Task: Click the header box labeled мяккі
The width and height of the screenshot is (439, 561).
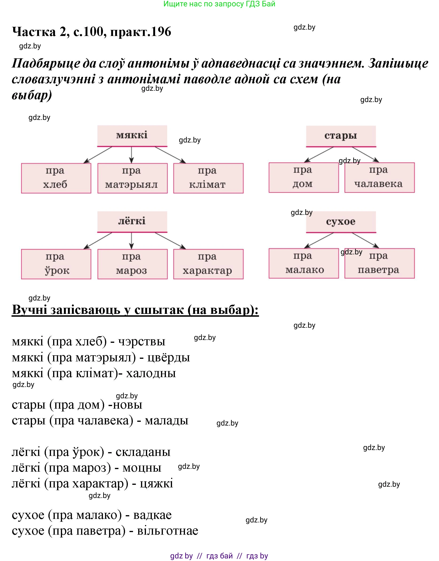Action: [x=132, y=135]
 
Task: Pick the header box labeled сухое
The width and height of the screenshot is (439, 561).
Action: [x=341, y=222]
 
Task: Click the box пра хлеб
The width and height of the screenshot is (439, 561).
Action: [x=56, y=178]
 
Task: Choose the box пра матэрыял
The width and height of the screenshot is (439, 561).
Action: [x=132, y=178]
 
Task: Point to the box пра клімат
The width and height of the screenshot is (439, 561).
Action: [x=208, y=178]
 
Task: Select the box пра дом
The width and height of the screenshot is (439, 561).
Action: [x=304, y=178]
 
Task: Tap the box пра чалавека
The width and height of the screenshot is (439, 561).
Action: [x=379, y=178]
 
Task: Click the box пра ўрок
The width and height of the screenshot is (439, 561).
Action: [x=56, y=264]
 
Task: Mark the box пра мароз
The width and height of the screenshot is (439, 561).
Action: [x=132, y=264]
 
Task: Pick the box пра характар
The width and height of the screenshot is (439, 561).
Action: [x=208, y=264]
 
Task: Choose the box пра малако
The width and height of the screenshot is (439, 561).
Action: [x=304, y=263]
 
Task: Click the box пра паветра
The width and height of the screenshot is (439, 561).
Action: [x=379, y=263]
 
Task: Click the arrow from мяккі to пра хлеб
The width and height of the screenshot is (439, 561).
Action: [x=98, y=155]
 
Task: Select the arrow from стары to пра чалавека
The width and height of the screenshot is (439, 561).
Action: [x=365, y=154]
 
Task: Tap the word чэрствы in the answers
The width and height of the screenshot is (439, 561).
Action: [x=142, y=341]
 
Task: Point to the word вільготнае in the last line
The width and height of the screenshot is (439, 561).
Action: [x=168, y=531]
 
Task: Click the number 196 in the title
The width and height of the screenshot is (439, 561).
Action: [x=161, y=32]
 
